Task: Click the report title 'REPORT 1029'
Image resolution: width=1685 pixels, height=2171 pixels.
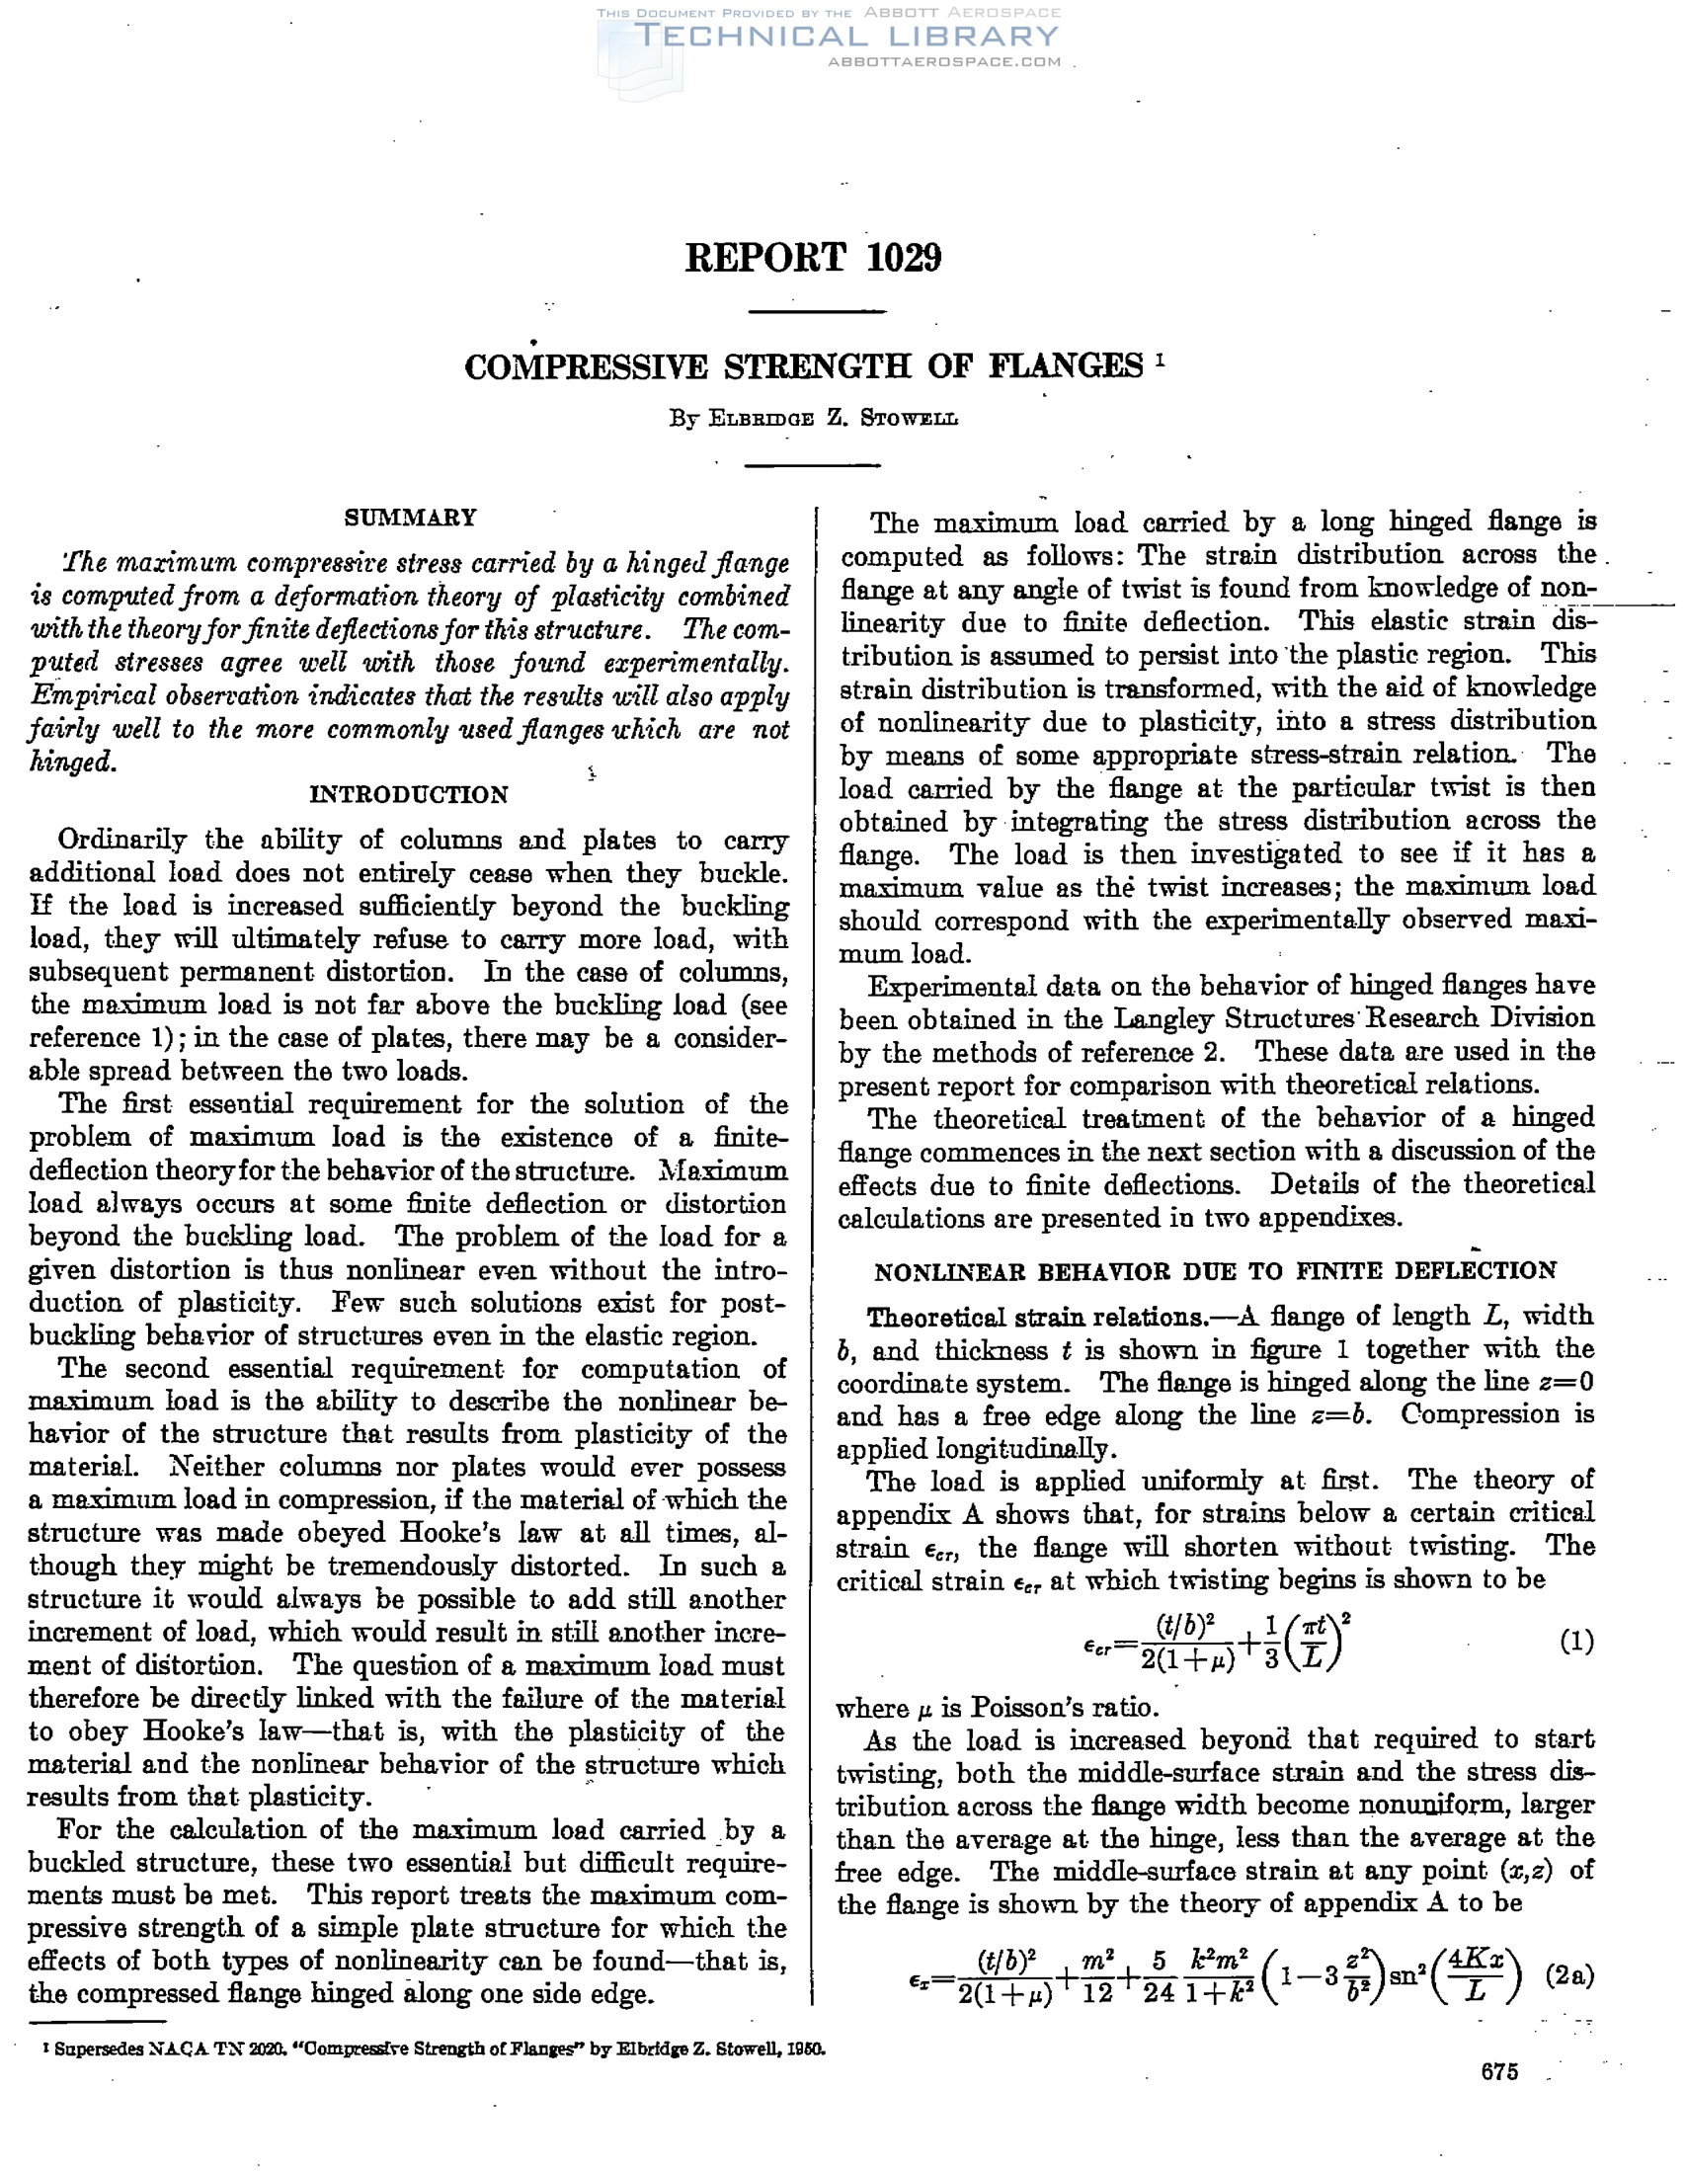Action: pyautogui.click(x=812, y=258)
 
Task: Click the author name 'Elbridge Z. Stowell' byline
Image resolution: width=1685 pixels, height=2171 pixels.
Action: pyautogui.click(x=813, y=419)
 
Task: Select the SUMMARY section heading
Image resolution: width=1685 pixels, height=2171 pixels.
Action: pyautogui.click(x=410, y=518)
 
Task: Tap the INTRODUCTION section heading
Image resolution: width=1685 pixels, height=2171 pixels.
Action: pyautogui.click(x=409, y=794)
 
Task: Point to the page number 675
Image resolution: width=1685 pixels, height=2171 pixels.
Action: pyautogui.click(x=1499, y=2070)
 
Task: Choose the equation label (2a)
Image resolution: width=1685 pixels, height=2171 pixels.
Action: pyautogui.click(x=1570, y=1975)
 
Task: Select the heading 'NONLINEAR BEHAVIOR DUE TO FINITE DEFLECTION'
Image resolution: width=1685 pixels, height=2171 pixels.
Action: pyautogui.click(x=1215, y=1271)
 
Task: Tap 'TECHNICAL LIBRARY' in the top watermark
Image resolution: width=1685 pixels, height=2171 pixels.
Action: pyautogui.click(x=846, y=37)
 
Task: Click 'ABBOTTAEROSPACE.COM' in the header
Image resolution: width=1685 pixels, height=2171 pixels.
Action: pyautogui.click(x=944, y=61)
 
